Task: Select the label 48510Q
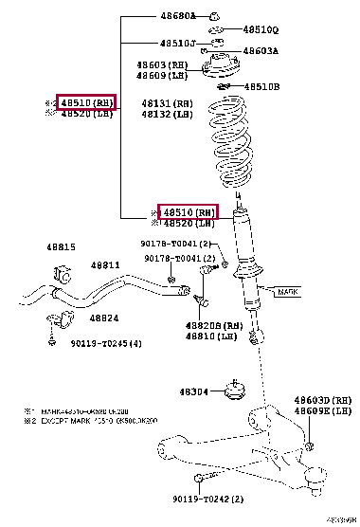pyautogui.click(x=261, y=29)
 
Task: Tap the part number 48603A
pyautogui.click(x=261, y=51)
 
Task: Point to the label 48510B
pyautogui.click(x=262, y=86)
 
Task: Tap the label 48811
pyautogui.click(x=105, y=266)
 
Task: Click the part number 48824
pyautogui.click(x=104, y=318)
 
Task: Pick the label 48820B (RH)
pyautogui.click(x=214, y=325)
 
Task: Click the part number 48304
pyautogui.click(x=197, y=391)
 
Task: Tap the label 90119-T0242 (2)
pyautogui.click(x=208, y=499)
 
